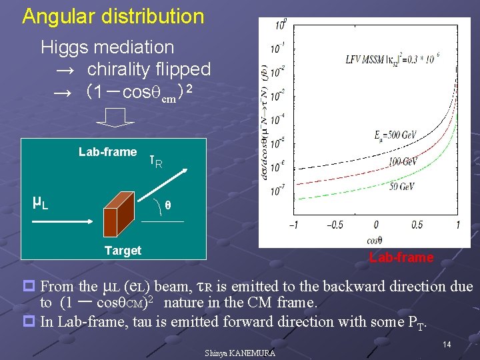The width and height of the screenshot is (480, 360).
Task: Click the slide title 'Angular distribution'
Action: click(x=113, y=16)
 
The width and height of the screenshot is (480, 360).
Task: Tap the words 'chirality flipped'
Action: click(x=149, y=69)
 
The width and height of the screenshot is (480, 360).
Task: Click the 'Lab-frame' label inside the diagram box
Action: click(x=107, y=152)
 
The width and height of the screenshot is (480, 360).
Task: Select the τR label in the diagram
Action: click(x=155, y=161)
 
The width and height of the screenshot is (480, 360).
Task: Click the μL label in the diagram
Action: click(x=40, y=201)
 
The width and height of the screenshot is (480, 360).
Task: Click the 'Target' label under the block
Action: click(x=123, y=251)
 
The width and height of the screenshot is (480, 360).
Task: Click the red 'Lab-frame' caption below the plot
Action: click(x=401, y=258)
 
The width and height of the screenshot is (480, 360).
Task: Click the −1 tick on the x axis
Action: click(x=293, y=225)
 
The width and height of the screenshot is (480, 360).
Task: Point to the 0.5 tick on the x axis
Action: click(x=417, y=225)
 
